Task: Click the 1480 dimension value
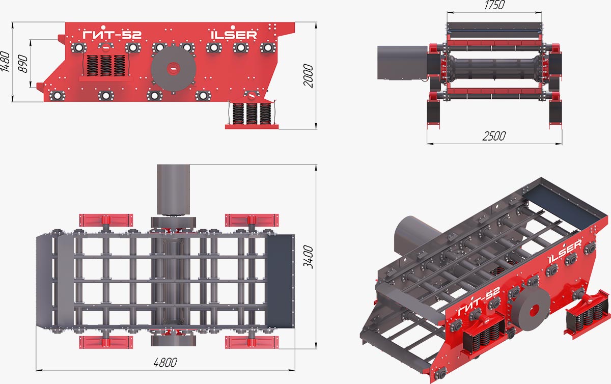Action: tap(5, 62)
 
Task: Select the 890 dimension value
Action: tap(23, 64)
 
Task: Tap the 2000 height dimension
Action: tap(308, 75)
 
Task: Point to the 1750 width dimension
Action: tap(494, 5)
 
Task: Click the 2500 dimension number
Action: tap(494, 136)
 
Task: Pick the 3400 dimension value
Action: tap(308, 257)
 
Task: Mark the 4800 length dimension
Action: tap(165, 363)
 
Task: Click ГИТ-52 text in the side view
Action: tap(112, 35)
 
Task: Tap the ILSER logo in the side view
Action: tap(234, 35)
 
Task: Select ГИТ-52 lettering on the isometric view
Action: tap(479, 300)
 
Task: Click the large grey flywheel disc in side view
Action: tap(174, 69)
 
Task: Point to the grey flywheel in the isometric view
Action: tap(531, 310)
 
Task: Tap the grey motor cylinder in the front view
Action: tap(402, 63)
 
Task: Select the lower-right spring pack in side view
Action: tap(252, 114)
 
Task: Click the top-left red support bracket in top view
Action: tap(106, 220)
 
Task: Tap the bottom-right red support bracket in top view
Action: tap(252, 342)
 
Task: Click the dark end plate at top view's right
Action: tap(280, 281)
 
